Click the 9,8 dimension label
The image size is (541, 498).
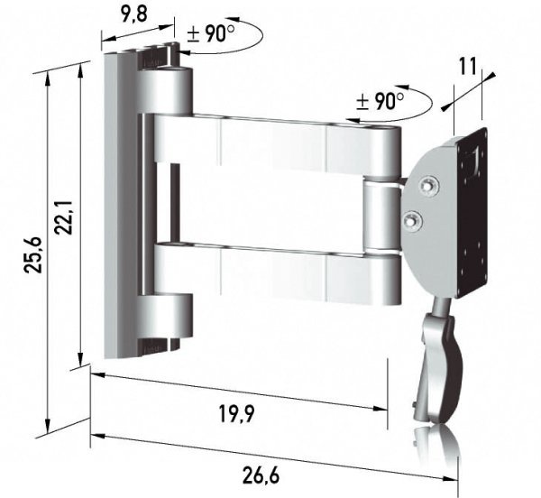134,15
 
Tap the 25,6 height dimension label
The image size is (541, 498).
33,255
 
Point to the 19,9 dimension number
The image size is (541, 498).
236,414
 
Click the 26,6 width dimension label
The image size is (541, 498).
261,475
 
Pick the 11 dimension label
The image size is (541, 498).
467,66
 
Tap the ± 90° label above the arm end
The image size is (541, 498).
380,101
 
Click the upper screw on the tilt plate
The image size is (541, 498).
429,187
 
